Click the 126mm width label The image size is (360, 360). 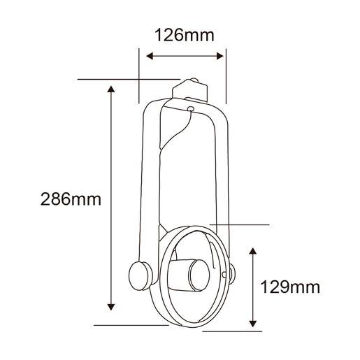[185, 35]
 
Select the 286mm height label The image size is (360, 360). [71, 199]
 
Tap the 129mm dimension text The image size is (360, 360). [290, 287]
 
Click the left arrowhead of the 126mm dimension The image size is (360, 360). [150, 56]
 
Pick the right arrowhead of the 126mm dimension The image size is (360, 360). [219, 56]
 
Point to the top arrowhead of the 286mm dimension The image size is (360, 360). [111, 89]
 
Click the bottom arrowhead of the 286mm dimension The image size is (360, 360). [111, 307]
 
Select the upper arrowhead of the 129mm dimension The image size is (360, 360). [253, 251]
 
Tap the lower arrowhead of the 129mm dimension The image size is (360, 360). [253, 324]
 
